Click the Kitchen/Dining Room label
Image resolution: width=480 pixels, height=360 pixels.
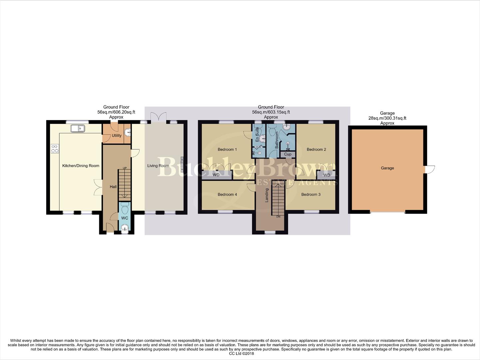pos(81,166)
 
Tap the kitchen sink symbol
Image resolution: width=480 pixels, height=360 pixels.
pos(78,128)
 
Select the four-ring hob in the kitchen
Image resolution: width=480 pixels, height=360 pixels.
pos(55,149)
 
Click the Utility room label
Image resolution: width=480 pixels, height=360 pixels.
pos(117,136)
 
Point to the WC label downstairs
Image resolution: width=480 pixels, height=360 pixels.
pos(125,218)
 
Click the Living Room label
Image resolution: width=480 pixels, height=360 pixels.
pos(158,166)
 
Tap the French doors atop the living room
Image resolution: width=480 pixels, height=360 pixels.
pos(158,117)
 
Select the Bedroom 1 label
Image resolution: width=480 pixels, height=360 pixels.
pos(227,149)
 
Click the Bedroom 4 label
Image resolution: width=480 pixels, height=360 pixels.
pos(227,194)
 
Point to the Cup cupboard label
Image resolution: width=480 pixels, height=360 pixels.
pos(287,154)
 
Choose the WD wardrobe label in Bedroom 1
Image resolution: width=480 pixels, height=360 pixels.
pos(216,175)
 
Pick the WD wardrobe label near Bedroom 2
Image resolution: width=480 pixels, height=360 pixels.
pos(326,175)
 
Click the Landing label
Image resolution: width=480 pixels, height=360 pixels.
pos(267,195)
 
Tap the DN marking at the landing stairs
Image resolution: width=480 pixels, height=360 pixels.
pos(278,217)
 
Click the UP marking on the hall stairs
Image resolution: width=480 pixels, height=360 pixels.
pos(125,168)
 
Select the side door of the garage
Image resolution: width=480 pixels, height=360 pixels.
pos(430,169)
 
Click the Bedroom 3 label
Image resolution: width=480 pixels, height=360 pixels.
pos(311,194)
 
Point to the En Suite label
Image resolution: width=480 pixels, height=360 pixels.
pos(257,135)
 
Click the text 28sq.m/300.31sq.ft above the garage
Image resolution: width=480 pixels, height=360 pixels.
pos(387,118)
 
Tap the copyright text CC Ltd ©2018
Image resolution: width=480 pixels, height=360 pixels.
pos(241,354)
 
